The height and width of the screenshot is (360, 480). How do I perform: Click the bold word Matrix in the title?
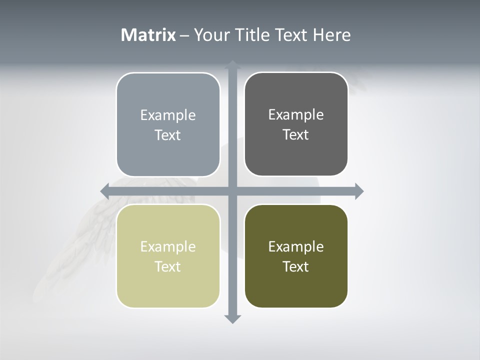[148, 35]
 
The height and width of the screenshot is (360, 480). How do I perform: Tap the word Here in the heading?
[331, 35]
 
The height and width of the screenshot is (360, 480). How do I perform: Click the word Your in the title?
[209, 35]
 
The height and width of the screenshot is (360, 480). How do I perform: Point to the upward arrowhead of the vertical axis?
[232, 65]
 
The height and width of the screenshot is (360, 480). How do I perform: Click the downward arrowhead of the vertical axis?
[232, 318]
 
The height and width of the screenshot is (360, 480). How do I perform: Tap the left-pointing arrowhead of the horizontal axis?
[105, 191]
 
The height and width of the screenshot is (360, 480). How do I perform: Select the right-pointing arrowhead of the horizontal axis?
[358, 191]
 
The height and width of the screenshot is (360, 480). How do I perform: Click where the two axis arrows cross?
[232, 191]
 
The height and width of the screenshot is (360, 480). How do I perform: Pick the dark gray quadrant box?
[296, 155]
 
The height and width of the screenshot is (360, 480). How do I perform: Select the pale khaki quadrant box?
[168, 287]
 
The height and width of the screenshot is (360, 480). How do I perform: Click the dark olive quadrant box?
[296, 287]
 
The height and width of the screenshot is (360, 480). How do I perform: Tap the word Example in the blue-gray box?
[168, 115]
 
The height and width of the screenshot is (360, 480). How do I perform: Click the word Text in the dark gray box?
[296, 135]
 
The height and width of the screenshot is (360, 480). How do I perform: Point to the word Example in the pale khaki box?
[168, 247]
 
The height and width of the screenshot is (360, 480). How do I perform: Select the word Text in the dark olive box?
[296, 266]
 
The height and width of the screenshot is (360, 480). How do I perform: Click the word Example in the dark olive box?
[296, 246]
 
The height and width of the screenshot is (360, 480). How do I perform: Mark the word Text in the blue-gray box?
[168, 135]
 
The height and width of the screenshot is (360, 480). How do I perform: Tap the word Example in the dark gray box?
[296, 115]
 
